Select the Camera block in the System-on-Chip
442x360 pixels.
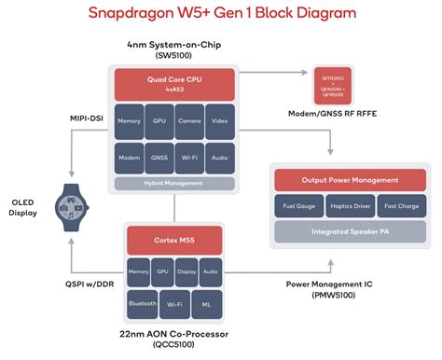(189, 121)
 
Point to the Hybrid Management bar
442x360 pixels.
(173, 184)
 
